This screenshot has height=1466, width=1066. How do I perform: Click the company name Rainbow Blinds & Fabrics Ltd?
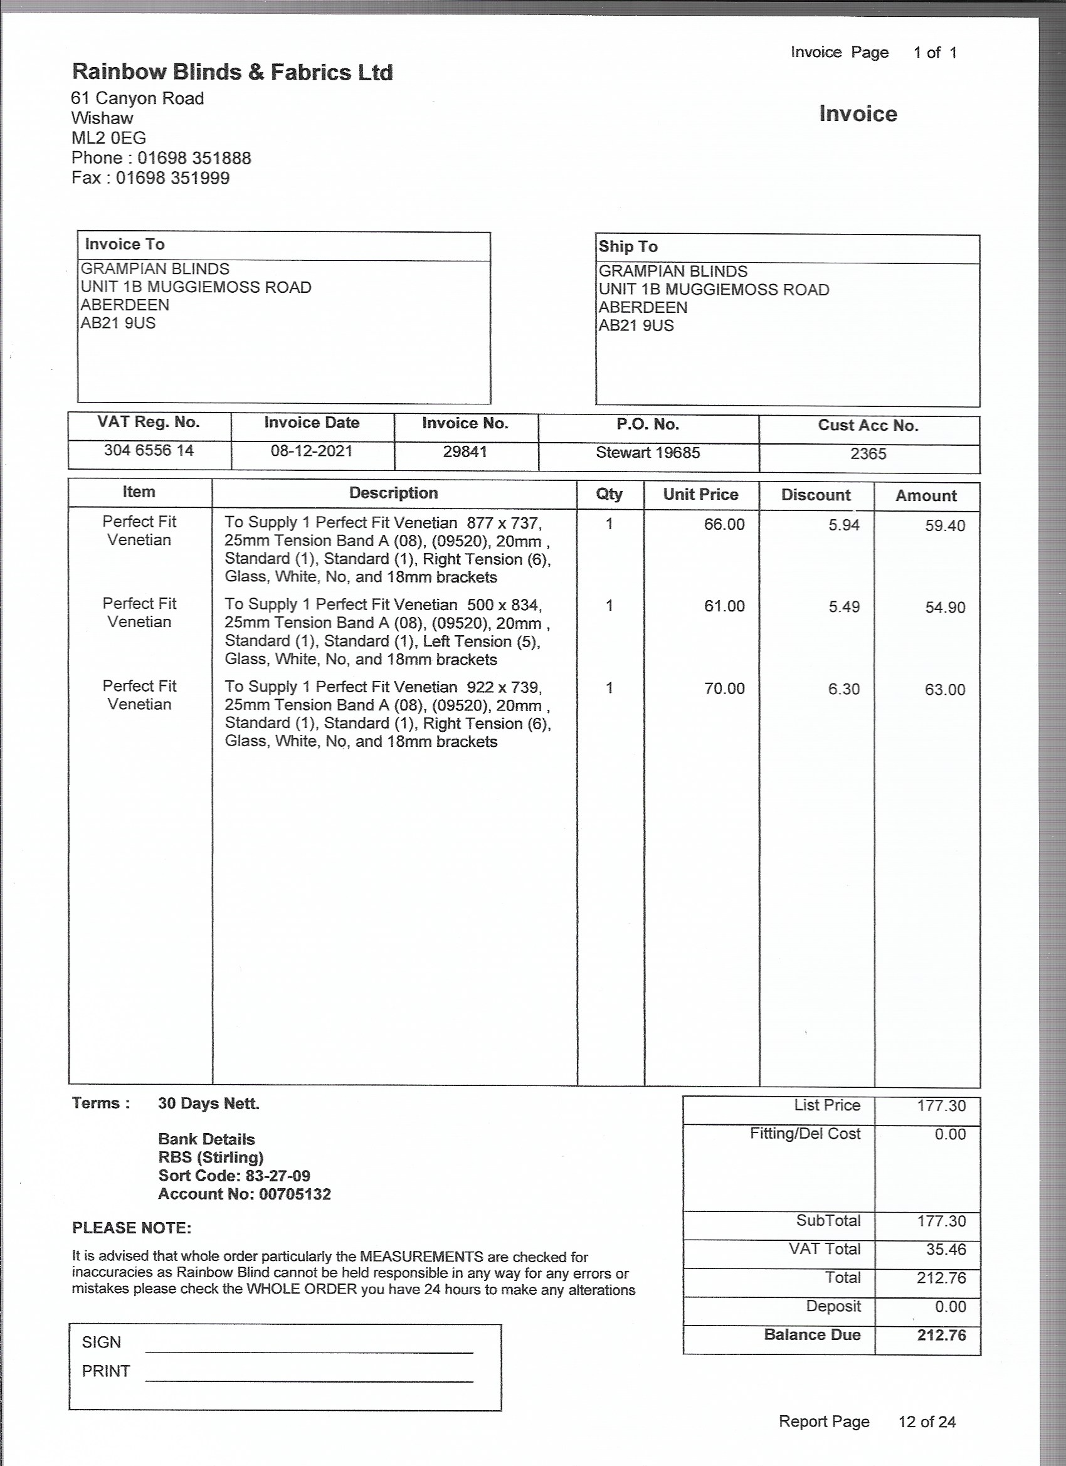pos(232,72)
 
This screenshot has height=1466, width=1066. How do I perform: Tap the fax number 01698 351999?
pos(172,179)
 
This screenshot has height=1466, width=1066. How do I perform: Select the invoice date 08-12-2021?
pos(311,451)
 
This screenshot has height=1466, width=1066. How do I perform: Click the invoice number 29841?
pos(465,451)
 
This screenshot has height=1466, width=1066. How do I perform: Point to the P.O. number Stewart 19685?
pos(648,453)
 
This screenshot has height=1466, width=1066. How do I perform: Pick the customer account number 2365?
pos(868,454)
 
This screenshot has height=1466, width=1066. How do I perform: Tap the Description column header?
pos(393,493)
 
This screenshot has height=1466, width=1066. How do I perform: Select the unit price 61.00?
pos(724,606)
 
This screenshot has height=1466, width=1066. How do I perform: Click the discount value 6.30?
pos(843,689)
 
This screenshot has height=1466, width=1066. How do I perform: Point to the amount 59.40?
pos(944,525)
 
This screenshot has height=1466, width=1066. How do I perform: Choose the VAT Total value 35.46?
pos(946,1249)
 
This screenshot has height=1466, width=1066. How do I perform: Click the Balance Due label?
pos(812,1335)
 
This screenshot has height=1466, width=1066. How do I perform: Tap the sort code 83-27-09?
pos(278,1176)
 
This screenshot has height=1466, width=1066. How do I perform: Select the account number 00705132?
pos(295,1194)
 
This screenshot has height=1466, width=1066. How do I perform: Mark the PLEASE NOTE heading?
pos(132,1228)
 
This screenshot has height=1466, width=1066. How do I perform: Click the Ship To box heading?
pos(628,246)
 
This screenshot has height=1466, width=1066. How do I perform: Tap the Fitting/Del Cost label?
pos(805,1134)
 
